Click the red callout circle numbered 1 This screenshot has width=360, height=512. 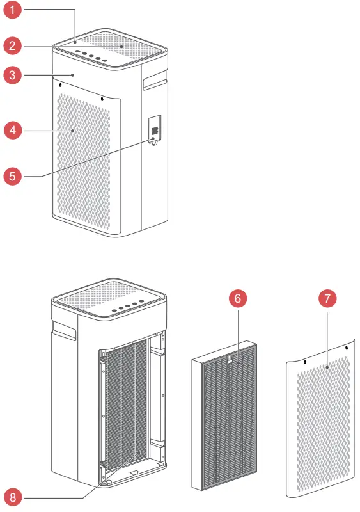pos(12,11)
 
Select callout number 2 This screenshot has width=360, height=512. pos(12,45)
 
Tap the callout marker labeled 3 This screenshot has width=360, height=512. pos(12,76)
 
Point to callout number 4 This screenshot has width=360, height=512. pos(12,130)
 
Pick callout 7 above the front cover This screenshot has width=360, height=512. pos(326,299)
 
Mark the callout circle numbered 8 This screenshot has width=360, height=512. pos(12,497)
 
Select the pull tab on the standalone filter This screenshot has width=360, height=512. pos(230,362)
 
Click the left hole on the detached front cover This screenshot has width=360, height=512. pos(305,362)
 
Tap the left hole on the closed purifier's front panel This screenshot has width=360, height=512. pos(60,84)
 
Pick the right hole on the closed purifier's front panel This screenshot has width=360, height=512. pos(102,99)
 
